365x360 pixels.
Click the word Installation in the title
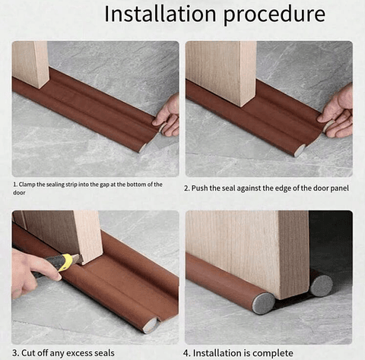coord(153,14)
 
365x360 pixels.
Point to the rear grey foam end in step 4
coord(321,285)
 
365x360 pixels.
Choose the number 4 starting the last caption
coord(187,352)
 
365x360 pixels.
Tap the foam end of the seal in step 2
coord(300,150)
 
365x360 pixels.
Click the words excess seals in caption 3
coord(100,352)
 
